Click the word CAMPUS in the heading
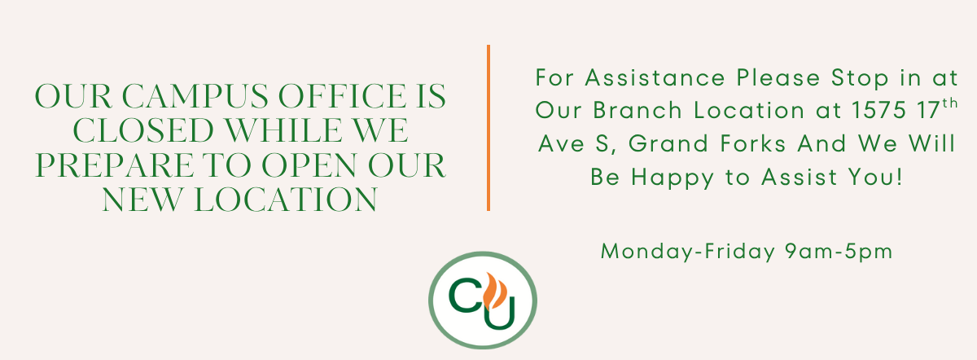tap(195, 96)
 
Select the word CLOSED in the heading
tap(143, 130)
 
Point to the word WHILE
tap(279, 130)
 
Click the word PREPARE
tap(114, 165)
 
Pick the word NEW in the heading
tap(142, 200)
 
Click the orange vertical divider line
tap(488, 128)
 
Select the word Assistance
tap(655, 77)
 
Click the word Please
tap(778, 77)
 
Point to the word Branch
tap(637, 110)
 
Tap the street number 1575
tap(878, 110)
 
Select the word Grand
tap(668, 143)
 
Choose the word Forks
tap(753, 143)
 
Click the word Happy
tap(673, 178)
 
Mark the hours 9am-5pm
tap(839, 252)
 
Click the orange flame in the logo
tap(495, 290)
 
